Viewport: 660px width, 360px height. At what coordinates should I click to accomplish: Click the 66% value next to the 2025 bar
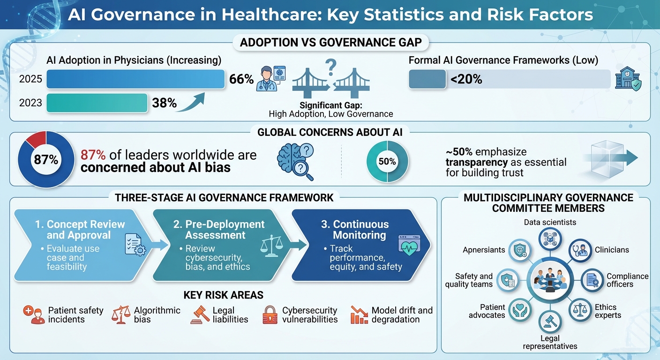pos(241,79)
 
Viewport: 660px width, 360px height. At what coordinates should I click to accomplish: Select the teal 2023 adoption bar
pos(97,103)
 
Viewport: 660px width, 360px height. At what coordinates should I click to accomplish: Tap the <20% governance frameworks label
pos(466,79)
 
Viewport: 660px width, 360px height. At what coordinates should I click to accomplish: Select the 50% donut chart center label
pos(387,162)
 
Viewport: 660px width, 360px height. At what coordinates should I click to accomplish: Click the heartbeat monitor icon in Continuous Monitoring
pos(407,245)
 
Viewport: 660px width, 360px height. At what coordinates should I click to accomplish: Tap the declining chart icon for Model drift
pos(359,315)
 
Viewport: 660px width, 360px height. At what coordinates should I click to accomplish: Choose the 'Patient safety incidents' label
pos(66,315)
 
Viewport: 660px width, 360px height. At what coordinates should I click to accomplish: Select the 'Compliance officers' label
pos(627,280)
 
